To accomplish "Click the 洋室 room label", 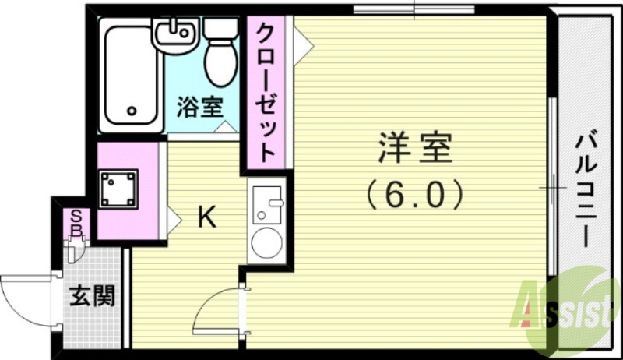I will coord(415,149).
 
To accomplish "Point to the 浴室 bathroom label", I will coord(199,107).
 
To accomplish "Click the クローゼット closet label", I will coord(266,92).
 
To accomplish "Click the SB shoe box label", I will coord(77,223).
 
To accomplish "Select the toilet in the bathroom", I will coord(220,55).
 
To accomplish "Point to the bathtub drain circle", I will coord(132,111).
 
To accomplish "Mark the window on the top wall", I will coord(413,10).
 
